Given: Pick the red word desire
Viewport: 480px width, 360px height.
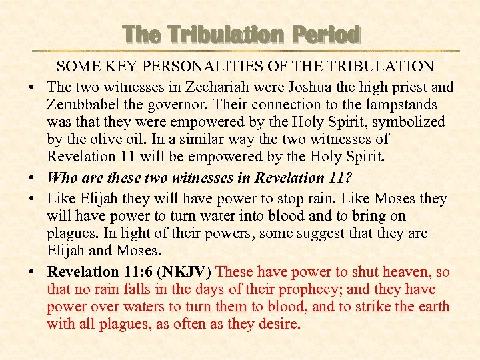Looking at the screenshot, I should click(x=279, y=325).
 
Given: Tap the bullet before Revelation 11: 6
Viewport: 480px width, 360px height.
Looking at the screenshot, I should click(x=33, y=273).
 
